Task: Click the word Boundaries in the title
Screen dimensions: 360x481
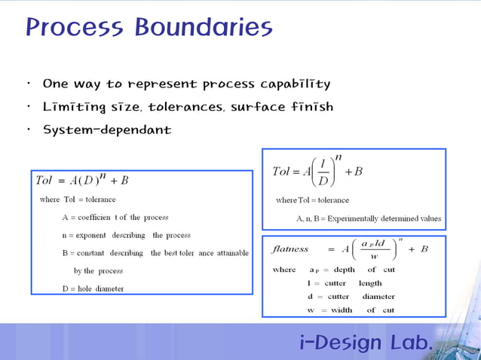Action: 204,28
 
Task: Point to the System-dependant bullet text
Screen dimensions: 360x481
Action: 107,130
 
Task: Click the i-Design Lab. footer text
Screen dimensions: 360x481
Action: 366,343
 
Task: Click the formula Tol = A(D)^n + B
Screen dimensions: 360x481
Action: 82,180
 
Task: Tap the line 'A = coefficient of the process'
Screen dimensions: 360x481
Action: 115,217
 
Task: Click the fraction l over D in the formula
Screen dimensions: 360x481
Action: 322,172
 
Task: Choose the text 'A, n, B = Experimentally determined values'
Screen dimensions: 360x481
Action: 369,218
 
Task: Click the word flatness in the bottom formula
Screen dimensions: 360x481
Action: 290,249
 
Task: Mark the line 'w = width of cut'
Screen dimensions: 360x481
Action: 351,310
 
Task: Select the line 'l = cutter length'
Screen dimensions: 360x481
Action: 345,283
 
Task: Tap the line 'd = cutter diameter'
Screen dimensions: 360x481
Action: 351,297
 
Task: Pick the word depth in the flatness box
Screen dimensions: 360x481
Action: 344,270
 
